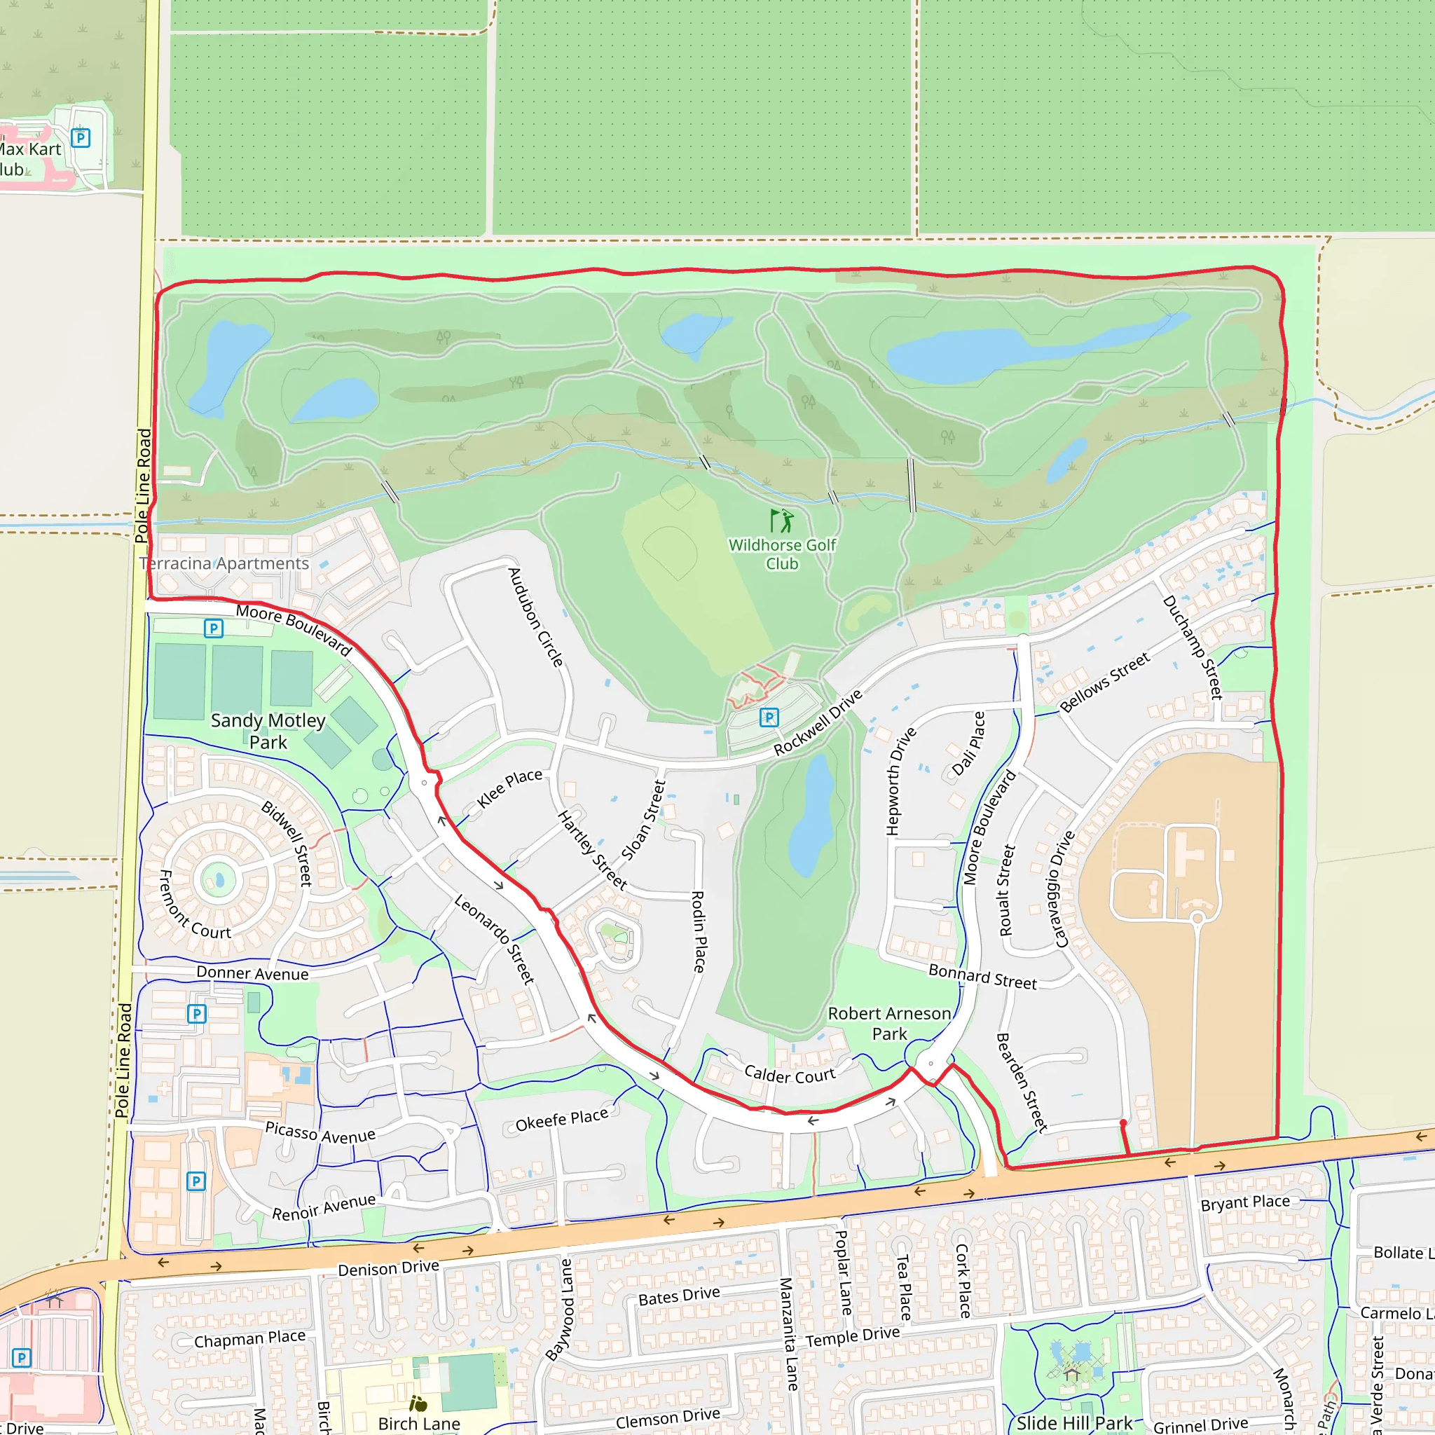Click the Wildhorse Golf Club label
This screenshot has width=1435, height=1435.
tap(781, 554)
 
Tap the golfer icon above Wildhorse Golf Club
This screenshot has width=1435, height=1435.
tap(781, 521)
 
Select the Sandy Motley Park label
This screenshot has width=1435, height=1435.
tap(268, 731)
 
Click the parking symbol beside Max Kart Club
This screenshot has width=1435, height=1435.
tap(80, 138)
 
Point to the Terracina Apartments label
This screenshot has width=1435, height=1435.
tap(224, 564)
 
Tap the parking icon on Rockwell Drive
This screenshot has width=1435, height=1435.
tap(769, 717)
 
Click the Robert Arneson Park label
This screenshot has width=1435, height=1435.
tap(889, 1024)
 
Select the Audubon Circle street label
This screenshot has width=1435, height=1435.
tap(535, 617)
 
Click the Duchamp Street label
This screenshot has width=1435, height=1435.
tap(1192, 647)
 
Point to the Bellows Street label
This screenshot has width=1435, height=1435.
tap(1104, 682)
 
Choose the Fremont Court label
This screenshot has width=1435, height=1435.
tap(195, 905)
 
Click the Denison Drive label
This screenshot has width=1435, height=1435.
tap(388, 1269)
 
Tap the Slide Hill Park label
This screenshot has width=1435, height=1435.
tap(1074, 1423)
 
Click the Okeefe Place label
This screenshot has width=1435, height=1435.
tap(561, 1119)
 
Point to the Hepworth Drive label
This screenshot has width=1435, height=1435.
tap(901, 781)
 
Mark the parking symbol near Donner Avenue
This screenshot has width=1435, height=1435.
tap(196, 1014)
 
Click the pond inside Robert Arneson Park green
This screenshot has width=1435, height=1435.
tap(811, 817)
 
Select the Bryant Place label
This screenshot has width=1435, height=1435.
tap(1245, 1202)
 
